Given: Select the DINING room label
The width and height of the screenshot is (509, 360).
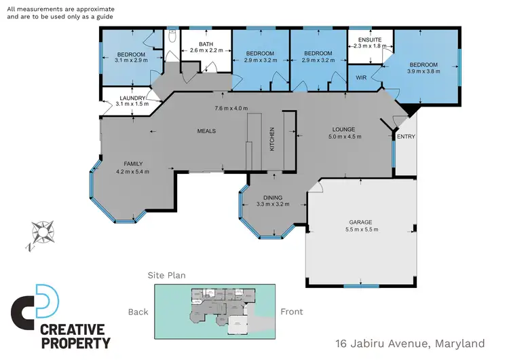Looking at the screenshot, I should pos(273,198).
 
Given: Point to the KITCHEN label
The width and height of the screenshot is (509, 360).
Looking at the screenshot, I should pos(272,139).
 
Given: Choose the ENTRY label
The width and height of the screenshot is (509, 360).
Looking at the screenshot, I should pos(406,137).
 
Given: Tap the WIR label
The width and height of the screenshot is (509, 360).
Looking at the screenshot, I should pos(361,78).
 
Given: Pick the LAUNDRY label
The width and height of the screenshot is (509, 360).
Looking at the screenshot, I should pos(132,98).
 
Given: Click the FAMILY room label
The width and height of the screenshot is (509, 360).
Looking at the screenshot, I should pos(132,164).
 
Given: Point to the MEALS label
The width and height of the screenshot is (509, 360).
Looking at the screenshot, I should pos(206,130).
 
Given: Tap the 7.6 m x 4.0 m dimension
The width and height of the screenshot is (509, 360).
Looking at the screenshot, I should pos(231,109).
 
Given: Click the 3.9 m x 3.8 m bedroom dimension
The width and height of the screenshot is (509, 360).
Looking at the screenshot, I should pos(423,72).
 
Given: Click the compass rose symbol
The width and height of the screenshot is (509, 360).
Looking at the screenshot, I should pos(42,232).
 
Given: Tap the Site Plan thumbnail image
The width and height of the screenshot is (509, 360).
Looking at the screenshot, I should pos(215,311).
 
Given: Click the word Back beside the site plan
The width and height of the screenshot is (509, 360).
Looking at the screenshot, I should pos(138,312).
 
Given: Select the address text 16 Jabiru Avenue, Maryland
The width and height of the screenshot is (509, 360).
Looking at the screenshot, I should pos(411,344).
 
